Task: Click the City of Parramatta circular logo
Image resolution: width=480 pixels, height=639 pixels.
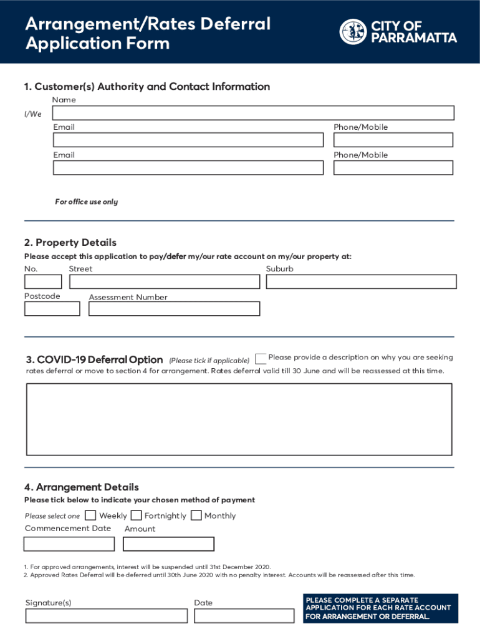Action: tap(353, 32)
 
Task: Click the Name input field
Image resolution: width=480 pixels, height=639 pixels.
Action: tap(253, 113)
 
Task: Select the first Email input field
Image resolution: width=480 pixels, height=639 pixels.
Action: tap(188, 140)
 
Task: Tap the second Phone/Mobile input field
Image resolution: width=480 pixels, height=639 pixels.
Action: tap(393, 168)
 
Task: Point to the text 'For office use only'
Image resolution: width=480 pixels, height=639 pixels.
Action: tap(86, 202)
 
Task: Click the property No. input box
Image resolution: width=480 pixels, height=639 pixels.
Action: tap(43, 281)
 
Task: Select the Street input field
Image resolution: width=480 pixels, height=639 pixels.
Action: tap(165, 281)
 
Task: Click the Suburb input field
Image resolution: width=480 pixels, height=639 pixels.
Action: tap(361, 281)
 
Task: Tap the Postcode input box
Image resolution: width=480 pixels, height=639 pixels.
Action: tap(52, 308)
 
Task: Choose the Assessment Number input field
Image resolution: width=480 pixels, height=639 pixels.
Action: tap(174, 308)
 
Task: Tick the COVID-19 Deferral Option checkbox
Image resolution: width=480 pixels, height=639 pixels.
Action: tap(261, 359)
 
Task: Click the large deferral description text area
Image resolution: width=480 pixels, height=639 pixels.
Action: tap(239, 419)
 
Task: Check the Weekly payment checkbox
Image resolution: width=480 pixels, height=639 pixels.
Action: tap(91, 515)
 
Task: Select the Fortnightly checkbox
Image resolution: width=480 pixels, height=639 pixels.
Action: tap(136, 515)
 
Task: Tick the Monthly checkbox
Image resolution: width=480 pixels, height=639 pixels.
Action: tap(196, 515)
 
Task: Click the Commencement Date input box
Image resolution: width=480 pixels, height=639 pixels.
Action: tap(69, 544)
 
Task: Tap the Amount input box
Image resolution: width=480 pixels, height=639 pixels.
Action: tap(168, 544)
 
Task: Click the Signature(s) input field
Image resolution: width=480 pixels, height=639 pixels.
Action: tap(107, 616)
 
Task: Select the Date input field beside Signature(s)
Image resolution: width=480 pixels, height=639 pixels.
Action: tap(244, 616)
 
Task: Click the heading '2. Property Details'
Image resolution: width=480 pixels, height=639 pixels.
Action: tap(70, 243)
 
